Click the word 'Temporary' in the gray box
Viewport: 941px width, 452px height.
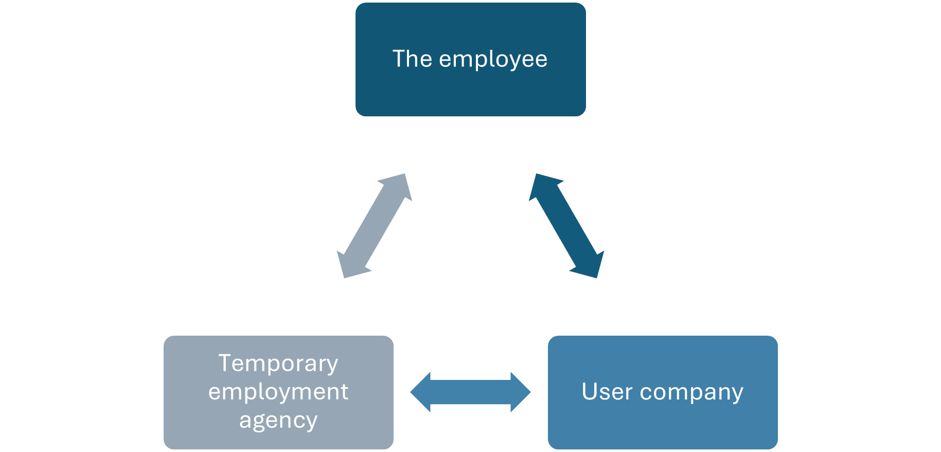point(278,363)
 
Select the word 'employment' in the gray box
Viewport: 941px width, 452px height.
point(278,392)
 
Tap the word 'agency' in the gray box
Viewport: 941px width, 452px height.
point(278,421)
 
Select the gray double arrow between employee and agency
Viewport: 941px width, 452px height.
point(374,226)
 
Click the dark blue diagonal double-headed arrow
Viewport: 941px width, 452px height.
point(566,226)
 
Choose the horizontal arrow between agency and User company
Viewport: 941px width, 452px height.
point(470,392)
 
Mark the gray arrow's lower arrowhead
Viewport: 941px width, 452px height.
point(350,266)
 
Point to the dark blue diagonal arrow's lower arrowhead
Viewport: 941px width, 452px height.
point(590,266)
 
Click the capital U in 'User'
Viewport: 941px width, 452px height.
point(589,391)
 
